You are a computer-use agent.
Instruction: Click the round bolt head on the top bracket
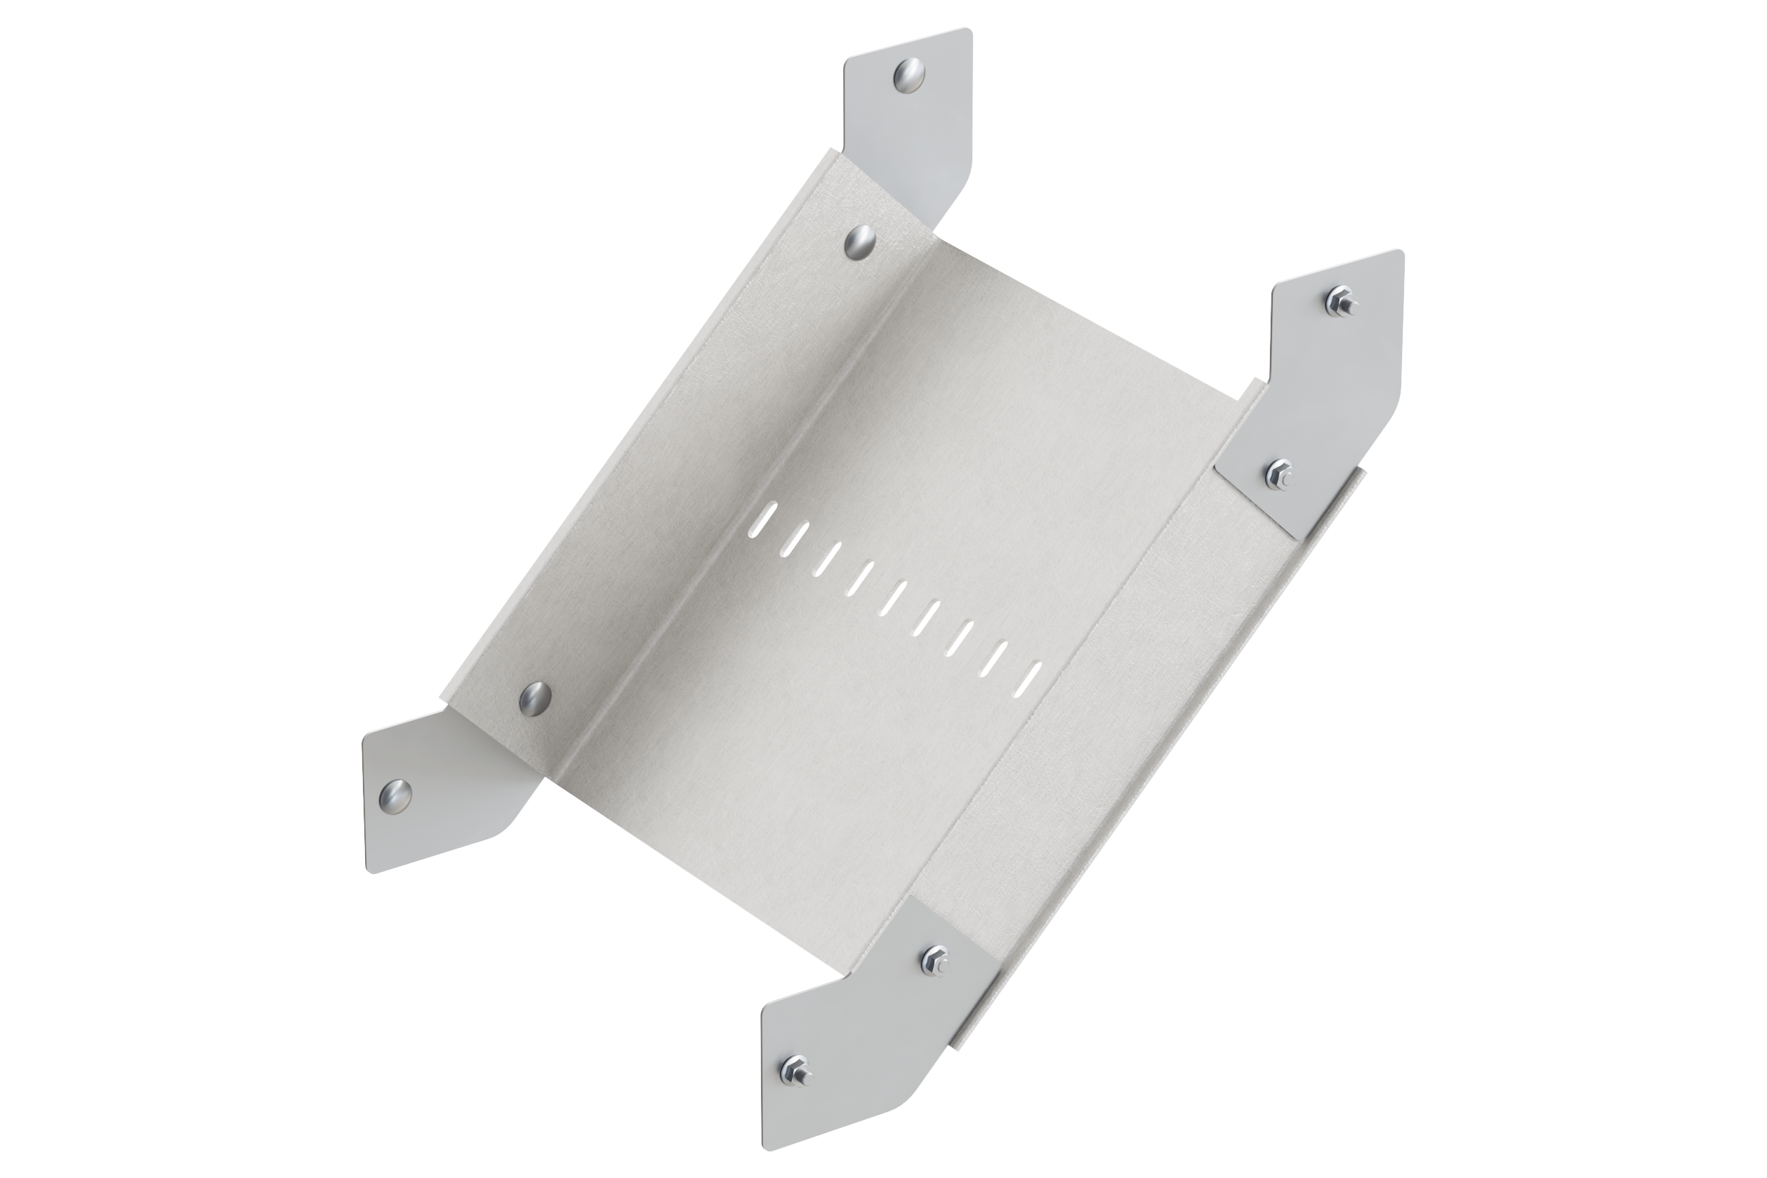(x=910, y=75)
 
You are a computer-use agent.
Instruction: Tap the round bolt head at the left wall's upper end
(x=861, y=244)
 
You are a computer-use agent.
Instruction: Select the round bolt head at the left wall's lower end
(x=536, y=699)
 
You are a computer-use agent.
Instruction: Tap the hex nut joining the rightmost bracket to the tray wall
(x=1278, y=474)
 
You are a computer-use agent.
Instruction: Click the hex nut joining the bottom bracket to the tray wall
(x=934, y=960)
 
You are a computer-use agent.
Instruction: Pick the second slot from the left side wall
(x=798, y=538)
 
